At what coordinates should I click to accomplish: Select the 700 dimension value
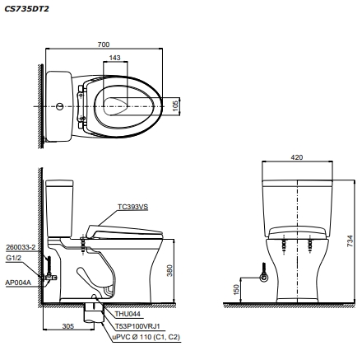103,43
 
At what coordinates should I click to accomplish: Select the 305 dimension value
69,326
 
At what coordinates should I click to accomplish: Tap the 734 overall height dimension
350,239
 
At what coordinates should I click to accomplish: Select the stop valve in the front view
263,277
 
